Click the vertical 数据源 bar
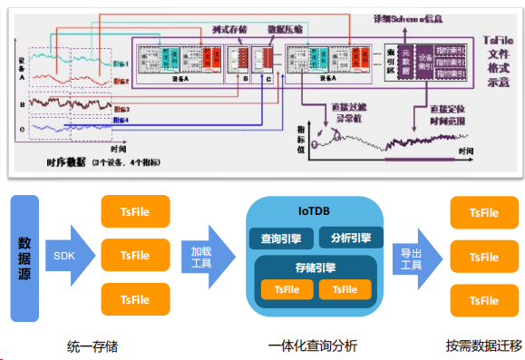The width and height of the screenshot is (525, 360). click(25, 256)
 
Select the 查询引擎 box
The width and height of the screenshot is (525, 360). click(282, 238)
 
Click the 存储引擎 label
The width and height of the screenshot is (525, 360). click(316, 268)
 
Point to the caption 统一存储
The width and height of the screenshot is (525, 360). click(92, 346)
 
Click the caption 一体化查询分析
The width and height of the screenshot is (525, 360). click(314, 346)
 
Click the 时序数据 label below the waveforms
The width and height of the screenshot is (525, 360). click(65, 161)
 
